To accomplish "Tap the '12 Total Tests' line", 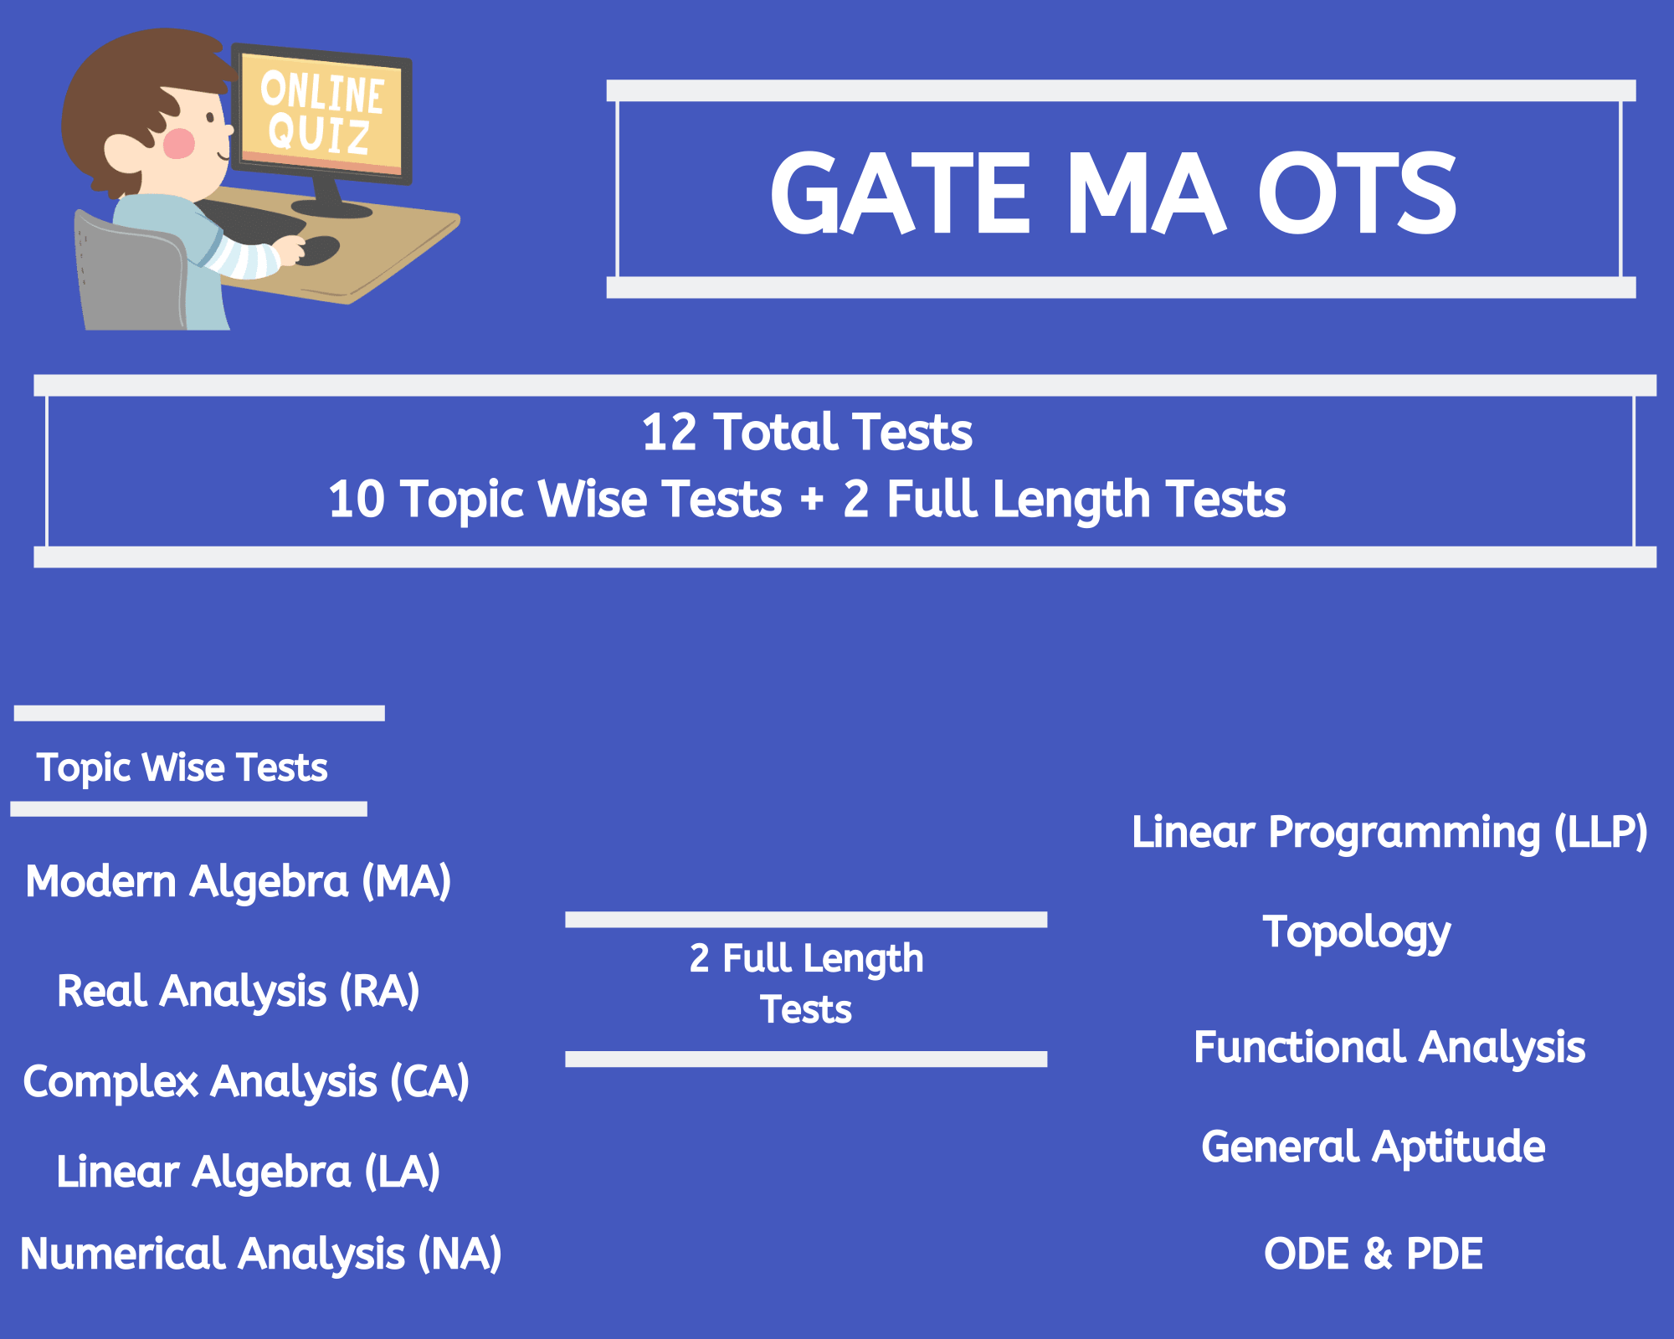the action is [807, 432].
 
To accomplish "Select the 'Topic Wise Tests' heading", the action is [182, 767].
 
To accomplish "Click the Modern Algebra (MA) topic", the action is [239, 882].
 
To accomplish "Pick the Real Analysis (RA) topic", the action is [239, 992].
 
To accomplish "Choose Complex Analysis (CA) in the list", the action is [246, 1082].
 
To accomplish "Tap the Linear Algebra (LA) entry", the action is [248, 1172].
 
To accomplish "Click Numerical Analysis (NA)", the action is [261, 1254].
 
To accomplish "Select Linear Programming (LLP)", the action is [1389, 833].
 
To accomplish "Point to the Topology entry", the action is [1357, 933].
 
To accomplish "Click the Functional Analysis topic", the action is [1389, 1047].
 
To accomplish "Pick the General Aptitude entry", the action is [1374, 1147].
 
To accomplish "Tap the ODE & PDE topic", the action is [1374, 1254].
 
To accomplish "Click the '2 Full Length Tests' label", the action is [806, 983].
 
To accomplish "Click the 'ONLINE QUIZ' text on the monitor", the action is [322, 113].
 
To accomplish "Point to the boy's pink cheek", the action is [179, 143].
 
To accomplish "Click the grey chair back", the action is [130, 272].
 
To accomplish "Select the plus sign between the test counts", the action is [812, 500].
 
